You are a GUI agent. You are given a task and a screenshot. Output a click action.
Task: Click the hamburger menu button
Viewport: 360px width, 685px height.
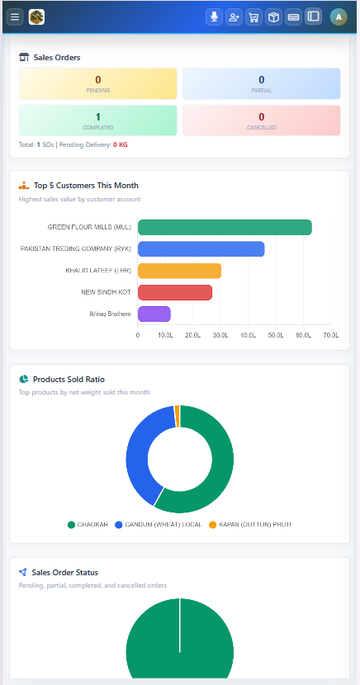15,17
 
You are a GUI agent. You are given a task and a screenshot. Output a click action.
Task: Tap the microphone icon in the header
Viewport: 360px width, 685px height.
214,17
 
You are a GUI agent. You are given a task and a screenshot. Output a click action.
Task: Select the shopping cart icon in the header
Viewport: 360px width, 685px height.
253,17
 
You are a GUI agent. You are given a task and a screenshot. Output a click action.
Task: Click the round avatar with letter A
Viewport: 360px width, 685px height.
339,17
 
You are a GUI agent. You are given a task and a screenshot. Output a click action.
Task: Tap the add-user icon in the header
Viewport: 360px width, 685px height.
234,17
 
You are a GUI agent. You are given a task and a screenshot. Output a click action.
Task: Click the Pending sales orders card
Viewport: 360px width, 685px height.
98,83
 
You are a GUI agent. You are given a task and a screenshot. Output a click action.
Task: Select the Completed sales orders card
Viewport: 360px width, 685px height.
98,120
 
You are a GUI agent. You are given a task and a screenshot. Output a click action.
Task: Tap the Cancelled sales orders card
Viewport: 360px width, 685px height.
261,120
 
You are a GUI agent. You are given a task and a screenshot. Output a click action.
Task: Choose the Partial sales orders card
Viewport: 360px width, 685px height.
261,83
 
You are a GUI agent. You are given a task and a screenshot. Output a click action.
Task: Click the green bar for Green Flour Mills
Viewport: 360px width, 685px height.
225,227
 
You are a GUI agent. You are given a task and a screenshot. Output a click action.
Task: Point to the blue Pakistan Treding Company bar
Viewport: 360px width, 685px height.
201,249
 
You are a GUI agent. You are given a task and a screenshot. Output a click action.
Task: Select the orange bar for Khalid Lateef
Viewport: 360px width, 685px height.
179,271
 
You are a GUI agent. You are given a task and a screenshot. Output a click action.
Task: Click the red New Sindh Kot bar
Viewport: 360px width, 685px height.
175,292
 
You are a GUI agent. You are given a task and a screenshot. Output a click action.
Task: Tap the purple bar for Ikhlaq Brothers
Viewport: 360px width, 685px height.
154,314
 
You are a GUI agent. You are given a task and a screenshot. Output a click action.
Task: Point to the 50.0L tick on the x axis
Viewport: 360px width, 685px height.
276,335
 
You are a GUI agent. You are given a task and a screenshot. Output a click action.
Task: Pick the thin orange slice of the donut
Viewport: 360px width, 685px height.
177,411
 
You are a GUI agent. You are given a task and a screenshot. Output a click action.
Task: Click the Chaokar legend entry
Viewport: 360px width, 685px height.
88,524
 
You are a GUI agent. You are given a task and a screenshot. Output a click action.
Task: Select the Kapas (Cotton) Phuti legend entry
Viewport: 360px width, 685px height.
250,524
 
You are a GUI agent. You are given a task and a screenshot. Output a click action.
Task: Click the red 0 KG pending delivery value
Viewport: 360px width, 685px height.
121,144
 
